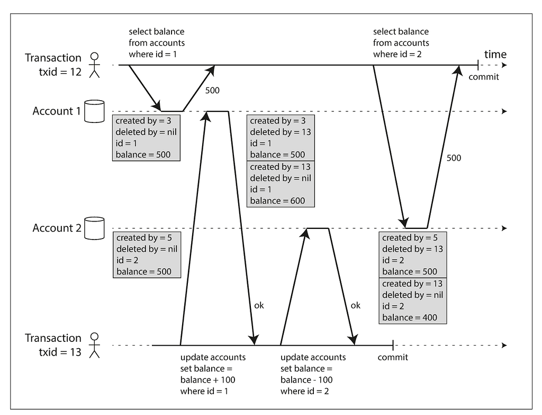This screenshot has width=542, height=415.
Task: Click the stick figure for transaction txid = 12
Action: (94, 65)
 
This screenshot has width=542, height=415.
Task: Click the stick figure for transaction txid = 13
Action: (94, 346)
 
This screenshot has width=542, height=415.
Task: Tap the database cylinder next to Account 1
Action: (94, 111)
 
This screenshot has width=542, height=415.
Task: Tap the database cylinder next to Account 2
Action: (94, 228)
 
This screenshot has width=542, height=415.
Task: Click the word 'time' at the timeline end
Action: (495, 55)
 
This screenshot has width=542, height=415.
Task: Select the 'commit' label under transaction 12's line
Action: (484, 77)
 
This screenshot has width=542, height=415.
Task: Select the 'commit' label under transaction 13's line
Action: (393, 357)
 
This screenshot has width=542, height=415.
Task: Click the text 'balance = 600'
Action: (277, 201)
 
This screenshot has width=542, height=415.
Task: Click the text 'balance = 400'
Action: (410, 317)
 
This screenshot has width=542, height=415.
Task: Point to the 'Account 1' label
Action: (57, 111)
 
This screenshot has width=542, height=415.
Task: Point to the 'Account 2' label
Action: (57, 228)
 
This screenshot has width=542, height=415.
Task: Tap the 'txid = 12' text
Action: (60, 72)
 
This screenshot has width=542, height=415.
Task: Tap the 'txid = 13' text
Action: (60, 352)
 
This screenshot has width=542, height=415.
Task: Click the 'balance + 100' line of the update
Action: (207, 379)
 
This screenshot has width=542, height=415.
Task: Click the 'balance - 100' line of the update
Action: (306, 379)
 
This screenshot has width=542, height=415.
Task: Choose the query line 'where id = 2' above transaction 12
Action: (397, 55)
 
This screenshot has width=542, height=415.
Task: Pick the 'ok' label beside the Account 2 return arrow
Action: (355, 305)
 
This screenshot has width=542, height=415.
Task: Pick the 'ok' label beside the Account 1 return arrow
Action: (259, 305)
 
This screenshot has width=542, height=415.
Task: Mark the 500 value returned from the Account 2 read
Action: (454, 158)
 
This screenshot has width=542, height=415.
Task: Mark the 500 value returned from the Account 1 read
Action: (212, 90)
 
